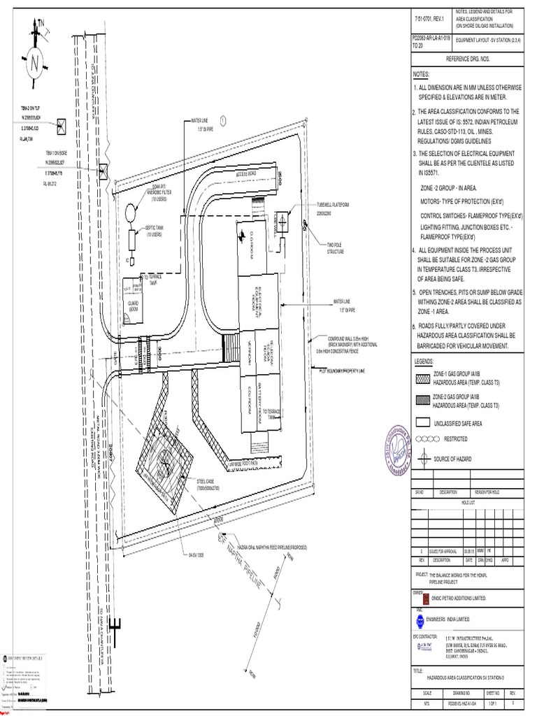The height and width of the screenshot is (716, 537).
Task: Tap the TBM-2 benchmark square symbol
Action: (62, 126)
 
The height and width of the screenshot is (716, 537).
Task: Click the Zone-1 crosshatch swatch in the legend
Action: (422, 379)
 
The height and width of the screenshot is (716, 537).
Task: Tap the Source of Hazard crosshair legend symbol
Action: (422, 459)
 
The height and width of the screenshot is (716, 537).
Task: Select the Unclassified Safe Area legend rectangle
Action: (422, 423)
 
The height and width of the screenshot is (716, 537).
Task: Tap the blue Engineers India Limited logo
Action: (420, 621)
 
